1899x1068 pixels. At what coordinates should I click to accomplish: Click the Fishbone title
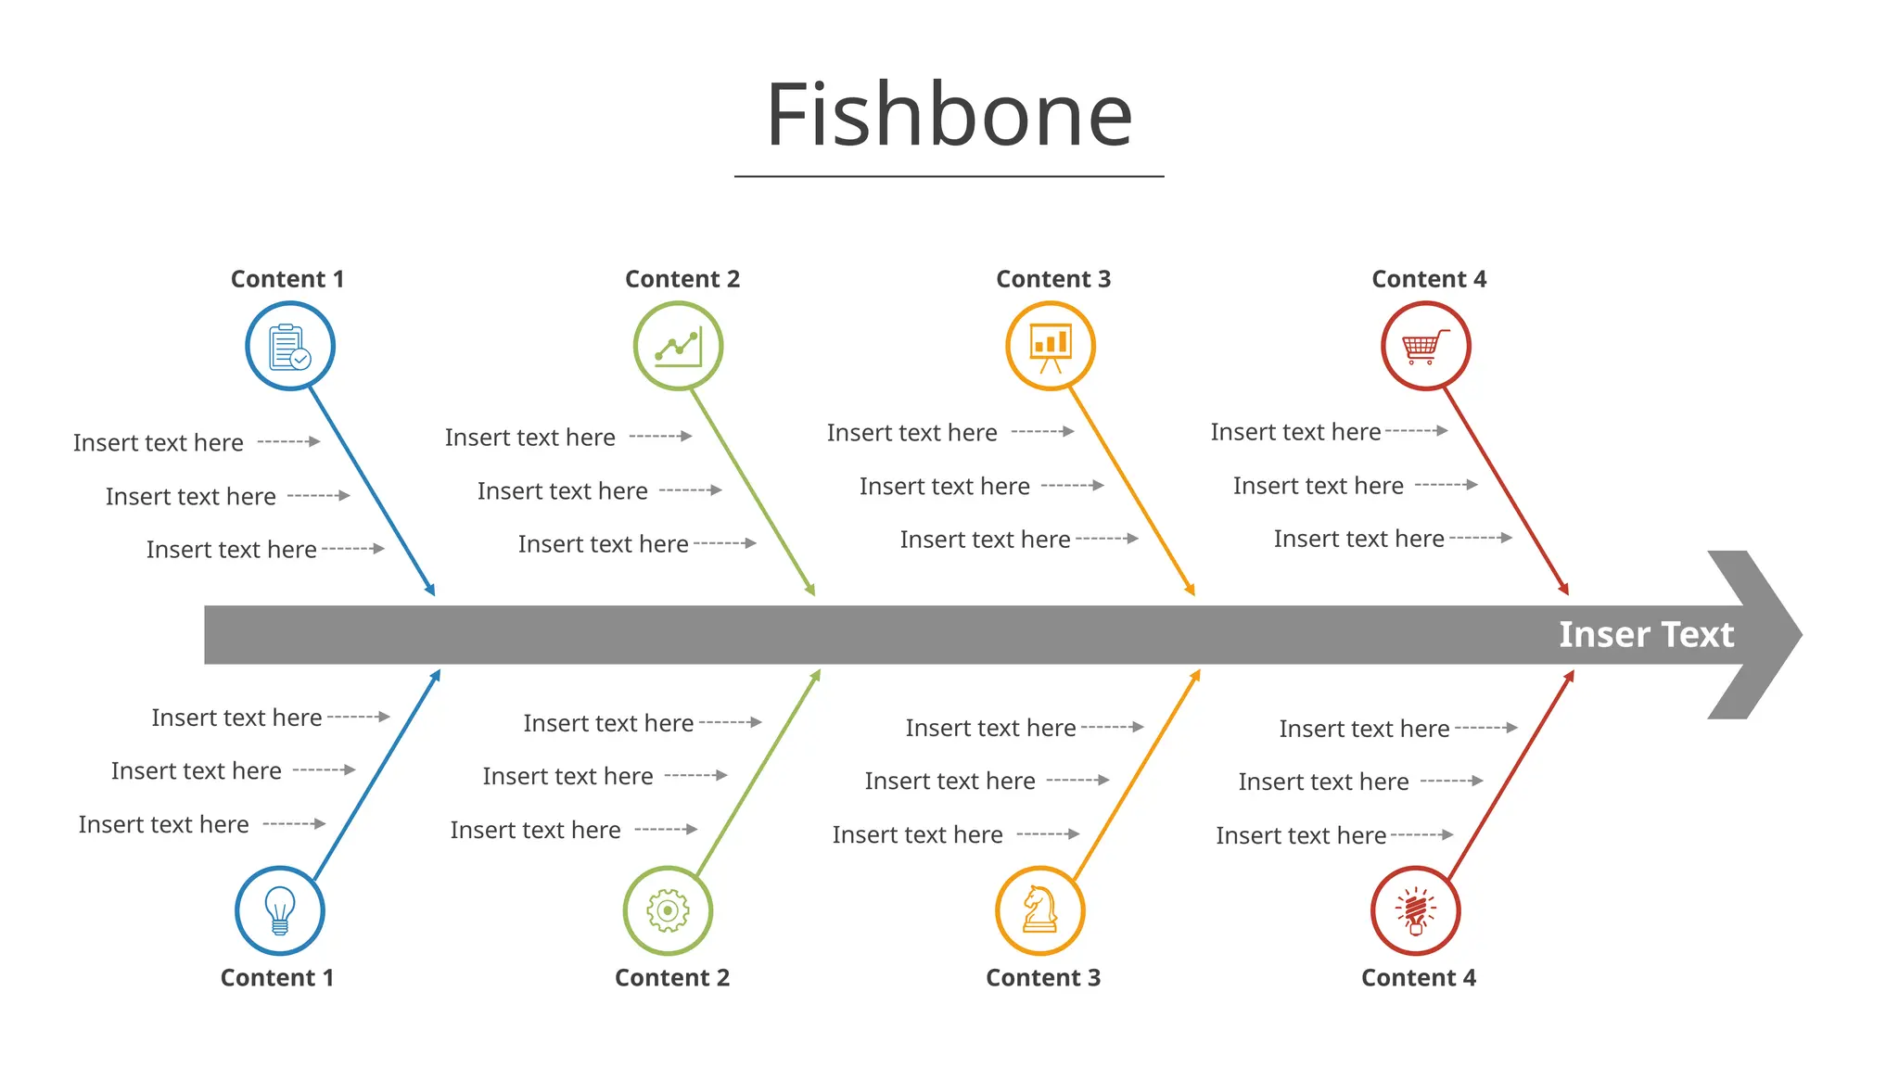click(949, 115)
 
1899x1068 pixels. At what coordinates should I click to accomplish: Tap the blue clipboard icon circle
click(290, 347)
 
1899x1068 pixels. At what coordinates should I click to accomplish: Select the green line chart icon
click(678, 347)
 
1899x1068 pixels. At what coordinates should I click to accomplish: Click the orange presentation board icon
click(1051, 347)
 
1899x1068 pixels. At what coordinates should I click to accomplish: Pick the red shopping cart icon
click(1425, 347)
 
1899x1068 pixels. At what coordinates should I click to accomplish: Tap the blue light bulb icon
click(280, 910)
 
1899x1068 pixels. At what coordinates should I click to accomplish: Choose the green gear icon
click(668, 910)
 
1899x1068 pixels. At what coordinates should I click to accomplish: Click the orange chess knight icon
click(1040, 910)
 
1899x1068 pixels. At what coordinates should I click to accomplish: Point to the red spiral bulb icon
click(1415, 910)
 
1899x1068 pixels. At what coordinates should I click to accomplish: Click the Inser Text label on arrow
click(1646, 635)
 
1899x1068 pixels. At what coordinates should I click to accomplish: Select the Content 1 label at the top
click(287, 279)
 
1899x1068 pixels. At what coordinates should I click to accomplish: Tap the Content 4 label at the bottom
click(1418, 978)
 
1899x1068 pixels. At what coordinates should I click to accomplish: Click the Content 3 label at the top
click(1053, 279)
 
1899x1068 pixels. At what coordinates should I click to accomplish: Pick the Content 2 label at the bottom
click(672, 978)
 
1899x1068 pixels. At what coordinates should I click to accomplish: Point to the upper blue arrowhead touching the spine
click(431, 590)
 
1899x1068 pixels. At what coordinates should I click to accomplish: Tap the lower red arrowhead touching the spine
click(1570, 677)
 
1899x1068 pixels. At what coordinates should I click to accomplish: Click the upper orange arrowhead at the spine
click(1191, 590)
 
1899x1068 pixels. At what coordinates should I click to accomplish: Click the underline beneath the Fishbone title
click(949, 176)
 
